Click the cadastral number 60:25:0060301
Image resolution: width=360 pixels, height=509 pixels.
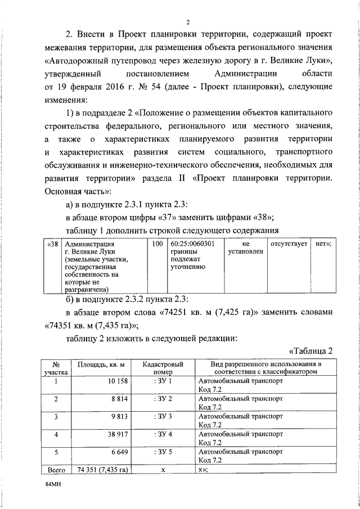(x=193, y=244)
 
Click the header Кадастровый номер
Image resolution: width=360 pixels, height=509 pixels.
(x=162, y=368)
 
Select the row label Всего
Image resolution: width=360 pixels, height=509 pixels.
(x=56, y=469)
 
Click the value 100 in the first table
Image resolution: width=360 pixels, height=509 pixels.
(x=158, y=244)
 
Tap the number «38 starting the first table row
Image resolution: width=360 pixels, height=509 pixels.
(x=52, y=244)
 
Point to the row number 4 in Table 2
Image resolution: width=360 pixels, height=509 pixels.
(x=56, y=434)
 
